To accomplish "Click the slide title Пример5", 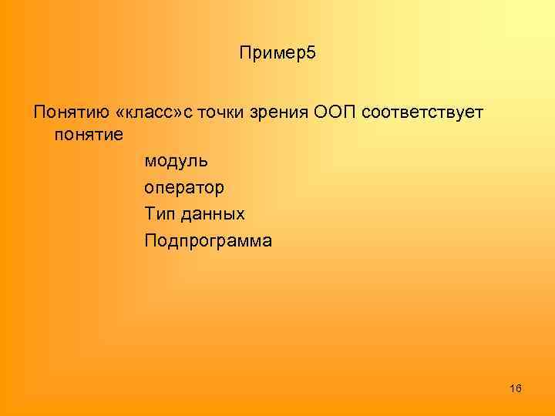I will [278, 54].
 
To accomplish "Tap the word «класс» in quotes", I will [146, 113].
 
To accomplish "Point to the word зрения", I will [281, 113].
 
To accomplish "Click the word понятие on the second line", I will [89, 134].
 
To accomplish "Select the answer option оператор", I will [184, 188].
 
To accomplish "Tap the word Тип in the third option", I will [158, 213].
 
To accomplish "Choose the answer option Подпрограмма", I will [207, 240].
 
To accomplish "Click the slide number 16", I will [516, 387].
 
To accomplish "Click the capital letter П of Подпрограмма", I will [150, 240].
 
